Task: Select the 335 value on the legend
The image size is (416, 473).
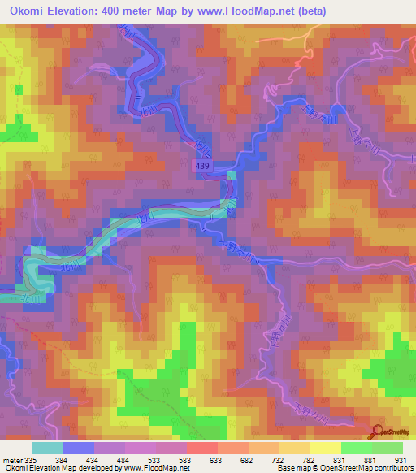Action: [32, 460]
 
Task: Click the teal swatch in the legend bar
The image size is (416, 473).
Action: [47, 448]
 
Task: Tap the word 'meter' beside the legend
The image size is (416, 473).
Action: [12, 460]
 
